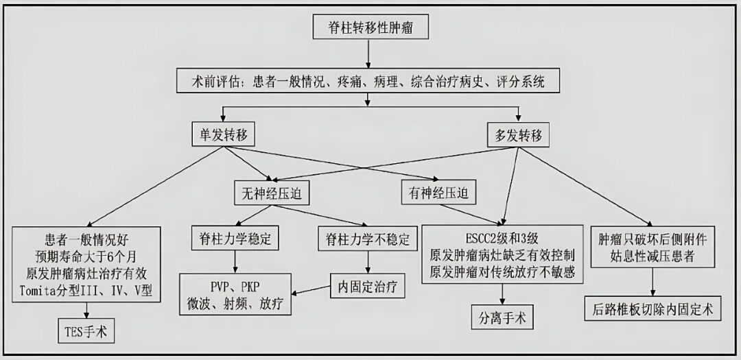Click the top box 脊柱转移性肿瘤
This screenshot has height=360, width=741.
(x=370, y=27)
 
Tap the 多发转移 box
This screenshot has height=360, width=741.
(x=519, y=136)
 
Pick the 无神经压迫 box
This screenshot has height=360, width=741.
(x=272, y=193)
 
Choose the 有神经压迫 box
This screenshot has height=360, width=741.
(x=438, y=193)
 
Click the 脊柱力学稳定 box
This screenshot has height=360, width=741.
(x=235, y=239)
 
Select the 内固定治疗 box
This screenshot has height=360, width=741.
(x=367, y=286)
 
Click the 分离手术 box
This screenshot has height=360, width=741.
(x=502, y=317)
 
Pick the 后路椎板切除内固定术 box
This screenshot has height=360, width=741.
(x=652, y=309)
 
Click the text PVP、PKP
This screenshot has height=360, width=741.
(x=235, y=287)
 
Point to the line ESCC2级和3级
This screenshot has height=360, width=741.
(x=502, y=239)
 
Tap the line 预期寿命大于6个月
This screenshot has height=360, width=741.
(x=86, y=257)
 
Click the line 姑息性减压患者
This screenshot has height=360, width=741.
(x=652, y=256)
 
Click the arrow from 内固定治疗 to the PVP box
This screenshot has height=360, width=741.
(x=311, y=290)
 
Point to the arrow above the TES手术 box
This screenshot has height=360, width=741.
(x=86, y=311)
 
